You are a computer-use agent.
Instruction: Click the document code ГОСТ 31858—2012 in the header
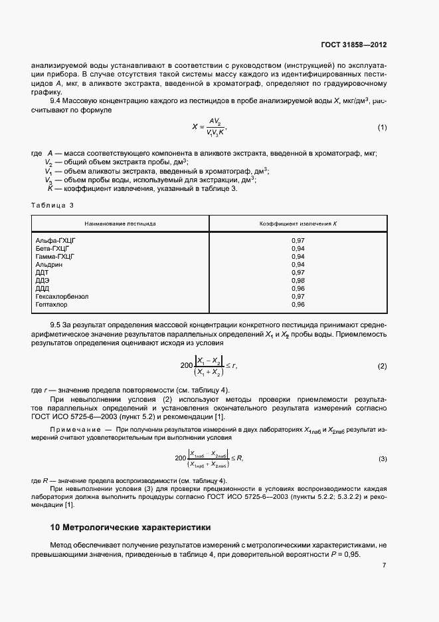click(x=352, y=45)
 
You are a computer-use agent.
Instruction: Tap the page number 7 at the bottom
click(x=384, y=565)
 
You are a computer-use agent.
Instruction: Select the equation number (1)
click(x=382, y=127)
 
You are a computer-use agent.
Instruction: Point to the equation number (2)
click(x=382, y=367)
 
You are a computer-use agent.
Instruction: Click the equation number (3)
click(x=383, y=458)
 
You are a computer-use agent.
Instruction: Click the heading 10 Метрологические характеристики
click(x=131, y=528)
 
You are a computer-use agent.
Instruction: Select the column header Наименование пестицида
click(x=120, y=224)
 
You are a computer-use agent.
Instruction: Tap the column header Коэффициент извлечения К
click(x=298, y=224)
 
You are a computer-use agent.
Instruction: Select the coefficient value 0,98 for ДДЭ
click(x=298, y=280)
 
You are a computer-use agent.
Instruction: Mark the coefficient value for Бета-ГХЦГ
click(x=298, y=248)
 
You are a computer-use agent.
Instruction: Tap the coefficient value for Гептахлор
click(x=298, y=304)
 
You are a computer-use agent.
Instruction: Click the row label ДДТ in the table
click(x=42, y=272)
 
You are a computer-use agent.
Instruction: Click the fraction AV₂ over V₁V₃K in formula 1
click(x=217, y=127)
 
